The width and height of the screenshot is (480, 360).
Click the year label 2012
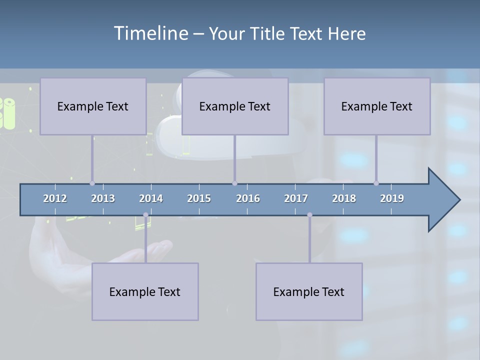click(x=55, y=198)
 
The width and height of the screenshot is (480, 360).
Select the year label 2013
click(x=103, y=198)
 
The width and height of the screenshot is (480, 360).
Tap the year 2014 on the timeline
click(x=151, y=198)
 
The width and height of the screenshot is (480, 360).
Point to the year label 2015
click(x=199, y=198)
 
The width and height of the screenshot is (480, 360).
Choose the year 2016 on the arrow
click(x=248, y=198)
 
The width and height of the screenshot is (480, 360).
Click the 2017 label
click(x=296, y=198)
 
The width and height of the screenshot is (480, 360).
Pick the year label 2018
click(x=344, y=198)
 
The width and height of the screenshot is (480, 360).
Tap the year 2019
click(x=392, y=198)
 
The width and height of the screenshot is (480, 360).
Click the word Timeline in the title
click(x=150, y=33)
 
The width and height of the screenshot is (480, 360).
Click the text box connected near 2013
click(x=93, y=106)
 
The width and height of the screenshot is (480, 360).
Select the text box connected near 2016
click(x=235, y=106)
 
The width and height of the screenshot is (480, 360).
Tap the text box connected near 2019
click(x=377, y=106)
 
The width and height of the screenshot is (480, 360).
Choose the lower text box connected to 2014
click(x=145, y=292)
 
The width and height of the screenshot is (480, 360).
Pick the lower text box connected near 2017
click(x=309, y=292)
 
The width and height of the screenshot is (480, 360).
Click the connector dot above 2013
click(x=92, y=183)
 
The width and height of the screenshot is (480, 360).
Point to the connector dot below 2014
click(x=145, y=215)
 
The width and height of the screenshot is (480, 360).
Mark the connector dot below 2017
click(x=309, y=215)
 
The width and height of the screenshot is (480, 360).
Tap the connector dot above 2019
click(x=376, y=183)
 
